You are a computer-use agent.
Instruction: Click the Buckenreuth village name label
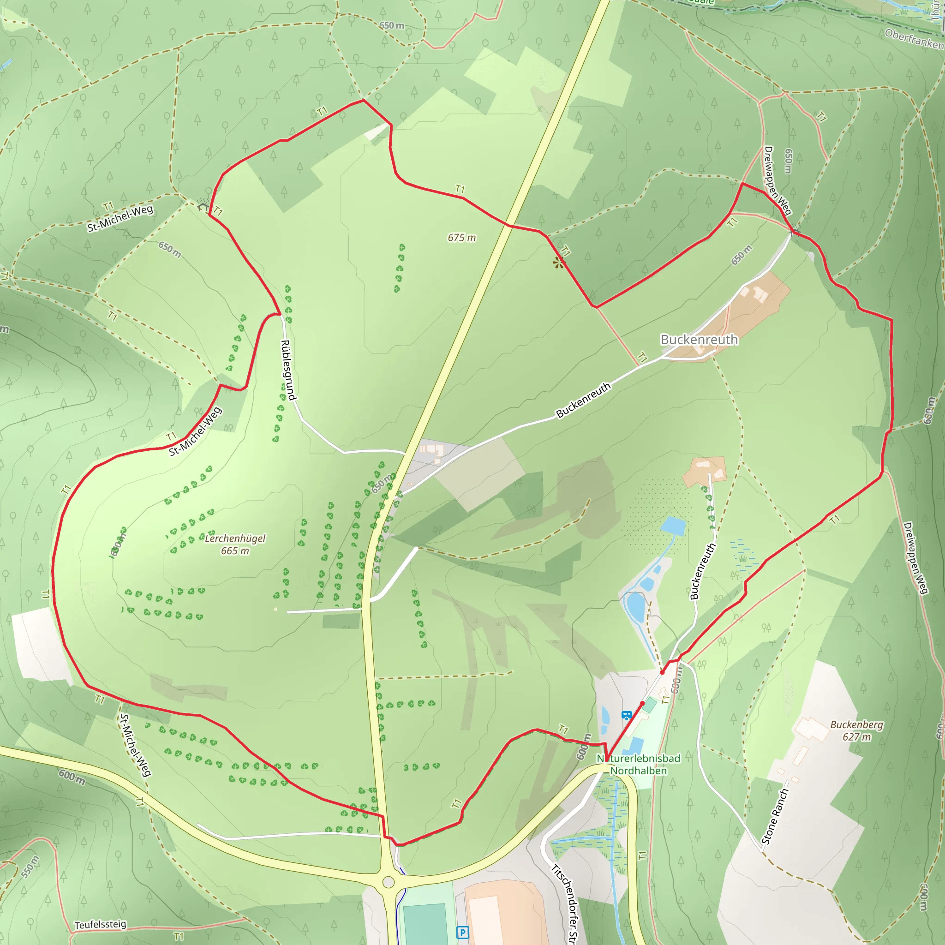coord(699,340)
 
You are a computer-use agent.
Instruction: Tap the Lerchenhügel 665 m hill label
coord(235,544)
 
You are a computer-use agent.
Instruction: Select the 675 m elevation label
coord(461,238)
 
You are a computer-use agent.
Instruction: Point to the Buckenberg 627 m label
coord(856,731)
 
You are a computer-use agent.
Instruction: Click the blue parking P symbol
coord(462,932)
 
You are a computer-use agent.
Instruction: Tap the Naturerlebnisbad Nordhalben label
coord(638,765)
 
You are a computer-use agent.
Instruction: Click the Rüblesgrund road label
coord(288,370)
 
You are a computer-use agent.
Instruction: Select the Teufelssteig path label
coord(100,924)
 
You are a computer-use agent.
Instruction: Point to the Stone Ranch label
coord(775,816)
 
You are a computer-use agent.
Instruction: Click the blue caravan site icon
coord(626,716)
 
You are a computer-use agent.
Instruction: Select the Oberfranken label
coord(914,39)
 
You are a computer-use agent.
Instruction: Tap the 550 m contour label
coord(30,867)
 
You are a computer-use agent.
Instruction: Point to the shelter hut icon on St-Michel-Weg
coord(203,206)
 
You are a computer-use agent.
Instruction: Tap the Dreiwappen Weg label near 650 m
coord(777,180)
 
